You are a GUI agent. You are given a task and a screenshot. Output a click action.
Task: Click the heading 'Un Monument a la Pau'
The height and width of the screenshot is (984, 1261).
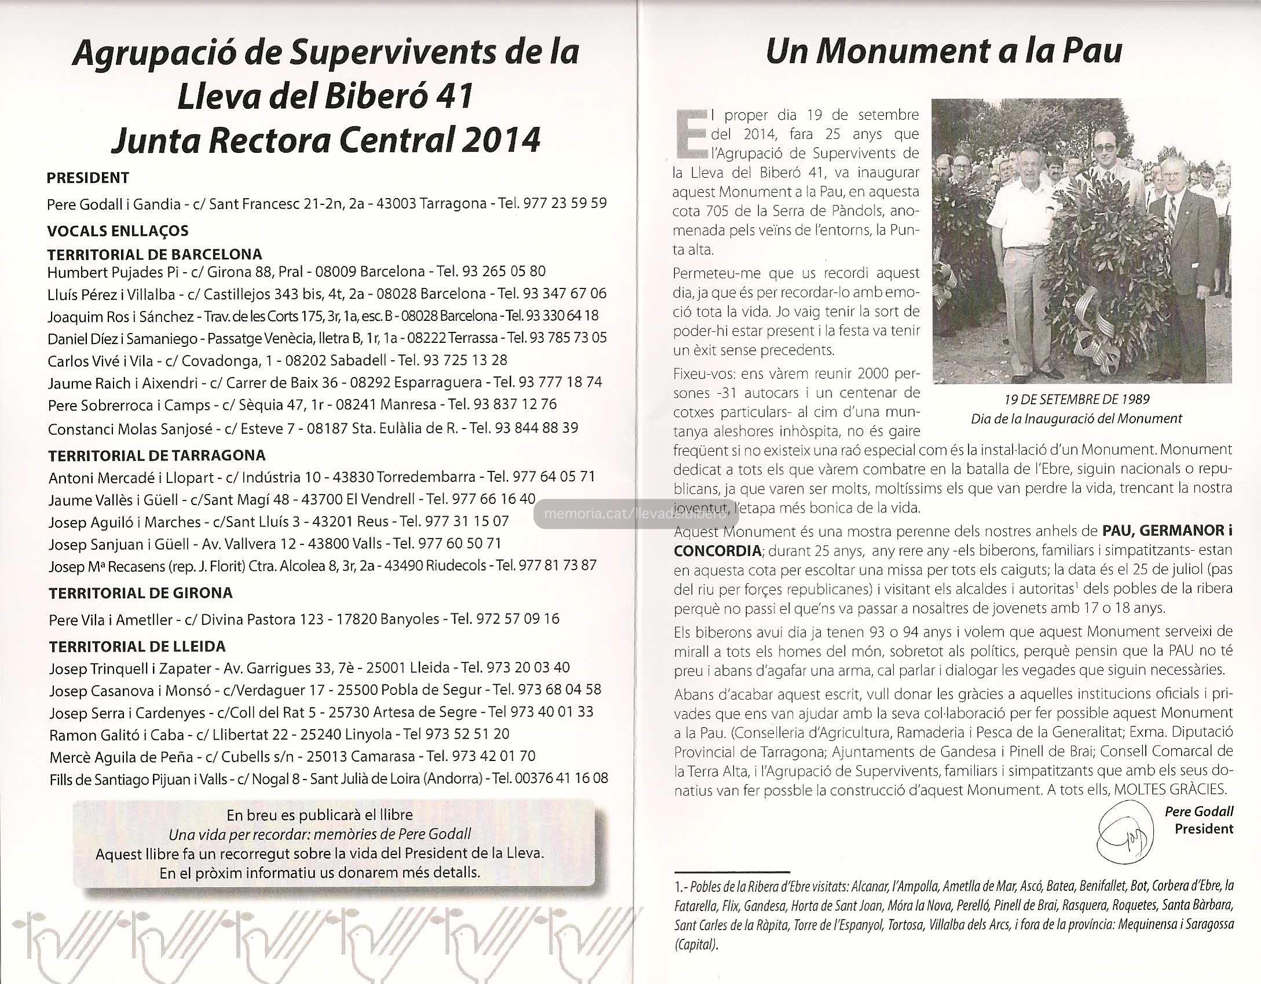[944, 52]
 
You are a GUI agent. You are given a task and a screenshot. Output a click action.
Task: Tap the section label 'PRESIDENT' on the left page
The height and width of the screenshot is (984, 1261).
[87, 178]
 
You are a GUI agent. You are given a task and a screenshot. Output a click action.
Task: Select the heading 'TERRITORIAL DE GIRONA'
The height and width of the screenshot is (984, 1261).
[141, 592]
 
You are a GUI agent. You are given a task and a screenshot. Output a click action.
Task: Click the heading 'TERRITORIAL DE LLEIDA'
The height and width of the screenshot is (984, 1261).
[137, 646]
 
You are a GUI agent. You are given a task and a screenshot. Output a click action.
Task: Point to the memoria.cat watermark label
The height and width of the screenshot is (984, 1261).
[635, 513]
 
